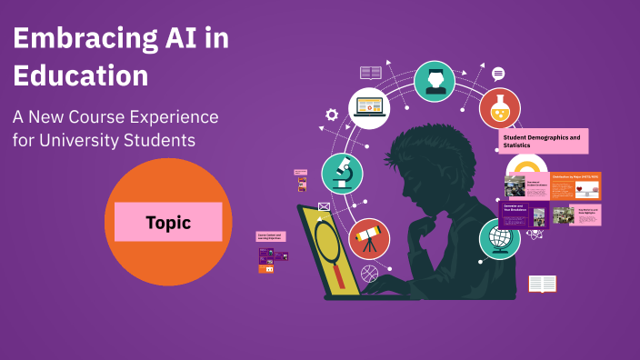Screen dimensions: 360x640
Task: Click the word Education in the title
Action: coord(81,75)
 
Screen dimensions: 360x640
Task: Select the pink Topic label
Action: coord(168,222)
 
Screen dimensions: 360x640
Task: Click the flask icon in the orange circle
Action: coord(500,108)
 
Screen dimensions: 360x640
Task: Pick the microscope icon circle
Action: coord(343,173)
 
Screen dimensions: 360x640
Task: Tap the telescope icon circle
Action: coord(369,239)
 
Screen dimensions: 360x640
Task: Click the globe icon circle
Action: coord(499,238)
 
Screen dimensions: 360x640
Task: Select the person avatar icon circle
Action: coord(435,81)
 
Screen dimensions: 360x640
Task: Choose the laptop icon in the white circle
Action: coord(369,107)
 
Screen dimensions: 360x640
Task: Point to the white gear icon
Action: coord(332,115)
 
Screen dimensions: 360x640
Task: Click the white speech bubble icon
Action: coord(498,74)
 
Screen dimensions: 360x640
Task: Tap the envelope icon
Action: coord(324,206)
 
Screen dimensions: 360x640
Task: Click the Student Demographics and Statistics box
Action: coord(544,141)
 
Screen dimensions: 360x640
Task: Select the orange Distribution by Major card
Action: coord(575,185)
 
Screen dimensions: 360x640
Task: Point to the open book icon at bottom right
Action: coord(543,284)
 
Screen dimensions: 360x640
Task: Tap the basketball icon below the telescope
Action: coord(368,272)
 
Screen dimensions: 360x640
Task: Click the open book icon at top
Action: coord(370,72)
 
